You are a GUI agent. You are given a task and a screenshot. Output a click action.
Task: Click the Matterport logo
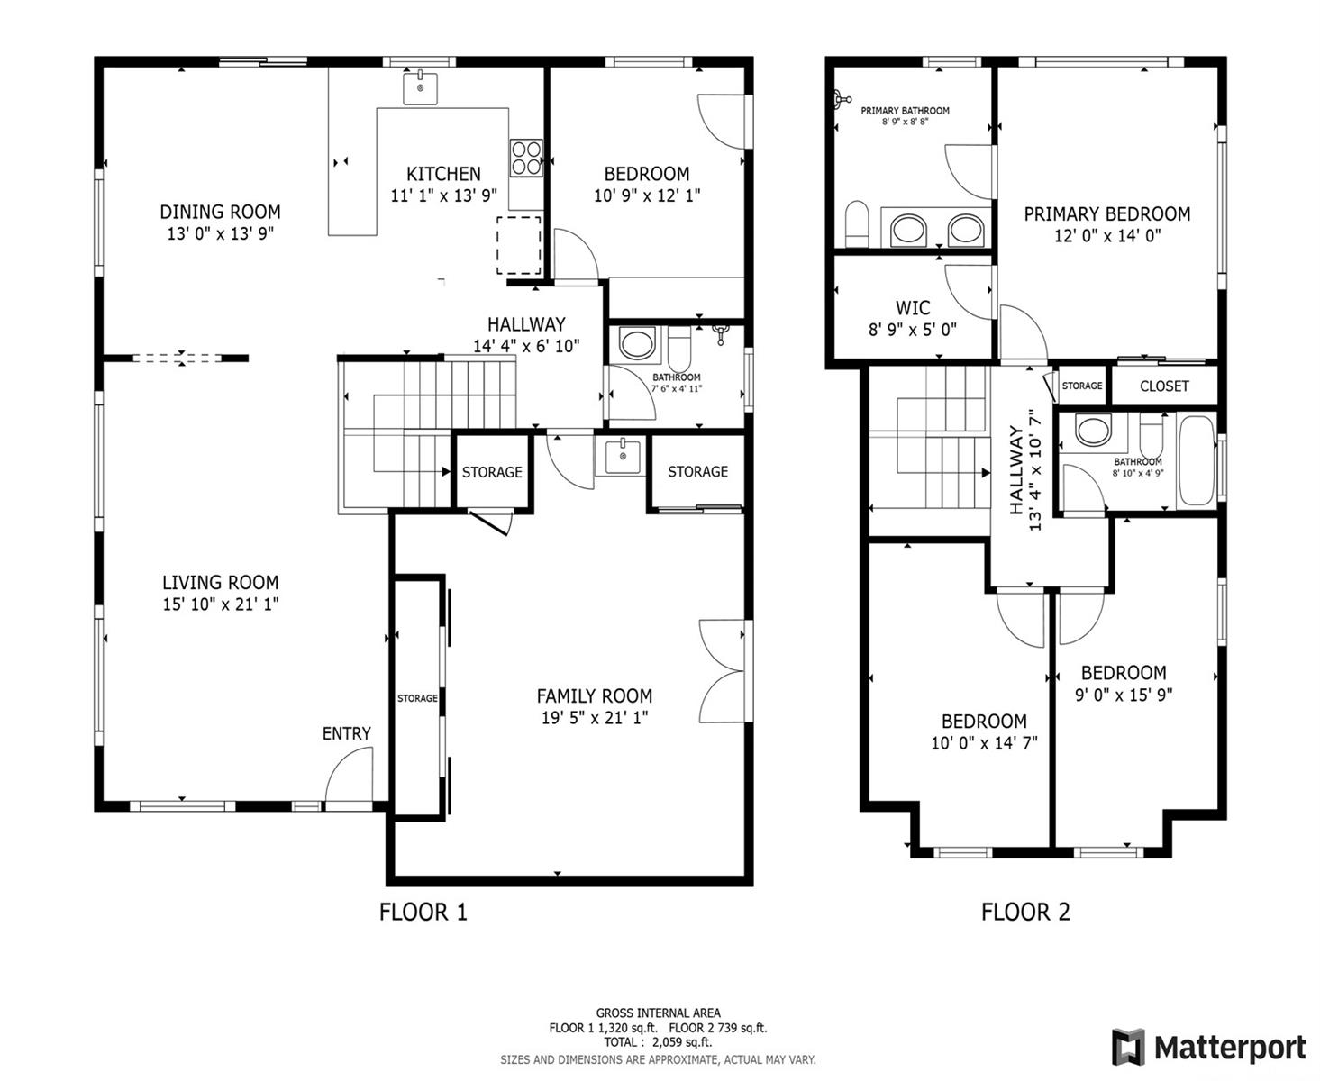pos(1208,1047)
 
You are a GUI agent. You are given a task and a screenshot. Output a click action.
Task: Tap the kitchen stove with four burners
pos(525,158)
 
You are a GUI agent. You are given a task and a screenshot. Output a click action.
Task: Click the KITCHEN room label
pos(444,173)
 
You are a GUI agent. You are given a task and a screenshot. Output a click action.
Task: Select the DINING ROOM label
pos(221,212)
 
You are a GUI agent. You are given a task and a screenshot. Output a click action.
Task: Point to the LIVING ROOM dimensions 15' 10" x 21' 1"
pos(221,604)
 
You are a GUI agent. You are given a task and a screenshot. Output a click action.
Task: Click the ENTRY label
pos(347,733)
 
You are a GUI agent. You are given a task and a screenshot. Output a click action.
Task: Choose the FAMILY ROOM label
pos(595,695)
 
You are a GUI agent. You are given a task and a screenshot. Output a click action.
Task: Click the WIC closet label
pos(913,308)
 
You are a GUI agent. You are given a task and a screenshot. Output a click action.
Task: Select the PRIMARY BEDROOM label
pos(1107,214)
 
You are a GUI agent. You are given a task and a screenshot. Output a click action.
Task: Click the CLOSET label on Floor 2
pos(1164,386)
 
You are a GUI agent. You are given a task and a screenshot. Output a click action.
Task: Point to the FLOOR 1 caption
pos(423,912)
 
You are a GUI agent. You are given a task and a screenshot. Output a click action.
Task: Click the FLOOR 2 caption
pos(1026,912)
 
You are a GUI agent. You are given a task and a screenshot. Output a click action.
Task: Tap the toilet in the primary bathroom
pos(857,223)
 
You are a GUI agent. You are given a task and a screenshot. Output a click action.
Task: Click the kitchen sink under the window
pos(420,87)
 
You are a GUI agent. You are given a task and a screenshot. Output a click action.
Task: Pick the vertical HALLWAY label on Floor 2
pos(1015,470)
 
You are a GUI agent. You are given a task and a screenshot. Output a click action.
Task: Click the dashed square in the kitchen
pos(519,245)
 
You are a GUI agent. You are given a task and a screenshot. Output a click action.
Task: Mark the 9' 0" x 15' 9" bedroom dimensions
pos(1124,695)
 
